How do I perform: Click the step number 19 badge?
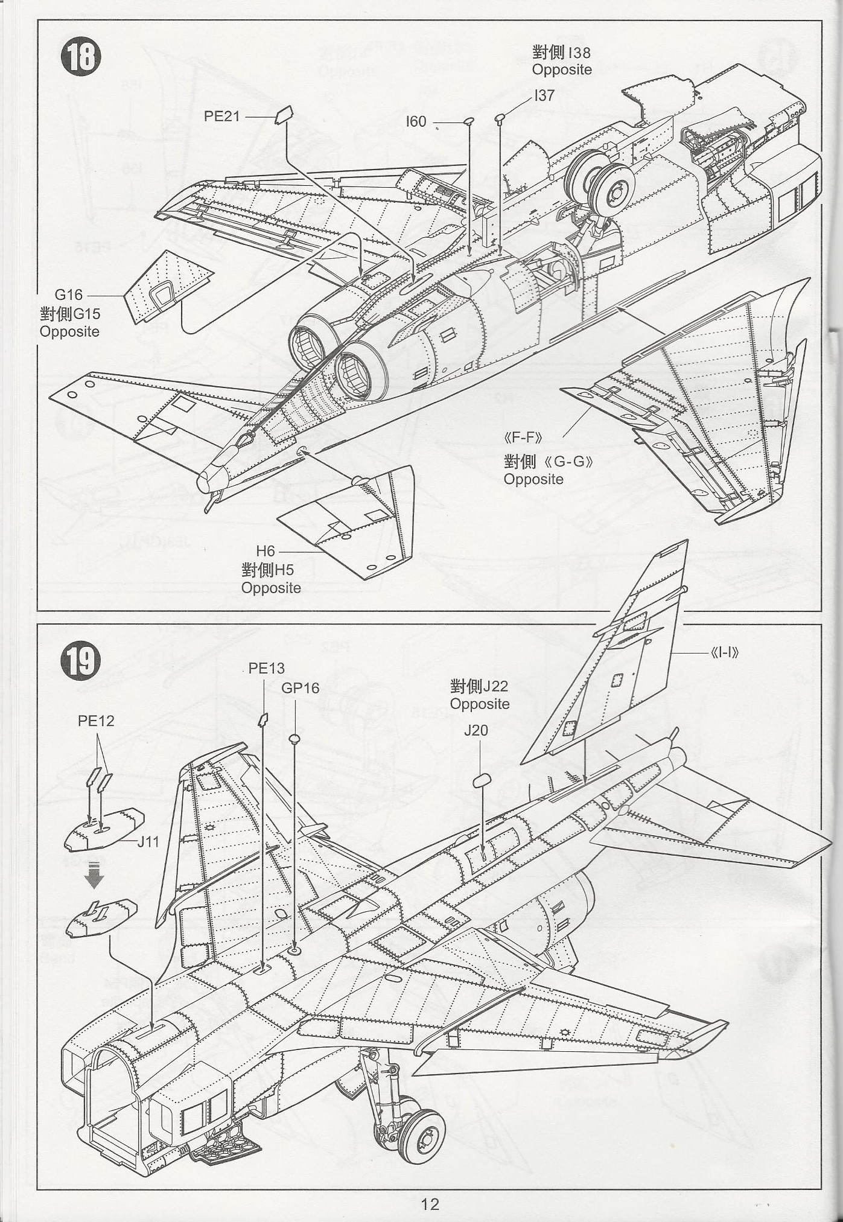click(x=80, y=662)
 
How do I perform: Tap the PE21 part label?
click(x=222, y=116)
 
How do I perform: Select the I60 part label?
click(x=416, y=122)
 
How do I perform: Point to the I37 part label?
click(x=544, y=95)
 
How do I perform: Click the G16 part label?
click(x=68, y=295)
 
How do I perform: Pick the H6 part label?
click(x=266, y=551)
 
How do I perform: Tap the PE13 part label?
click(x=266, y=669)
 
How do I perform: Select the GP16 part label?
click(x=301, y=689)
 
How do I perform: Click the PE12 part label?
click(x=96, y=721)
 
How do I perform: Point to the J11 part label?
click(x=148, y=841)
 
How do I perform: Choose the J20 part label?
click(x=476, y=731)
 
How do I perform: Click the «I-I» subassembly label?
click(x=725, y=652)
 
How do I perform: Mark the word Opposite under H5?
click(x=271, y=588)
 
